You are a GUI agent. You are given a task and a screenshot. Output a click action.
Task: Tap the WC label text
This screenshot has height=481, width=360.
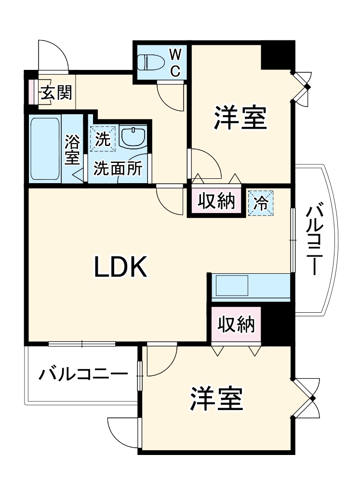click(x=175, y=62)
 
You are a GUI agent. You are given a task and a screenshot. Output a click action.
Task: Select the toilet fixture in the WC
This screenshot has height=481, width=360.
click(x=149, y=62)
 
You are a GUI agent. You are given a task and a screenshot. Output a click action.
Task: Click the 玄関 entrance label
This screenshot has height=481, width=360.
click(x=56, y=92)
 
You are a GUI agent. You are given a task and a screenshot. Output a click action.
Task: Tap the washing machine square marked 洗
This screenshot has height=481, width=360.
click(x=103, y=139)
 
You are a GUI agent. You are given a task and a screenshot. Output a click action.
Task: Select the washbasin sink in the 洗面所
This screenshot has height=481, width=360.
click(x=133, y=138)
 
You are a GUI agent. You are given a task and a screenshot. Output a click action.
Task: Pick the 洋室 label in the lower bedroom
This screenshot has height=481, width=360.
click(x=216, y=397)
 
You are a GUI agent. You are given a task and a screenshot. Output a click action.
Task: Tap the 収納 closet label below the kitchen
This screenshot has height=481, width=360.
click(x=235, y=325)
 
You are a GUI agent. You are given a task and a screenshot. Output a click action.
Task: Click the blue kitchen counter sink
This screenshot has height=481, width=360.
click(x=231, y=286)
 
